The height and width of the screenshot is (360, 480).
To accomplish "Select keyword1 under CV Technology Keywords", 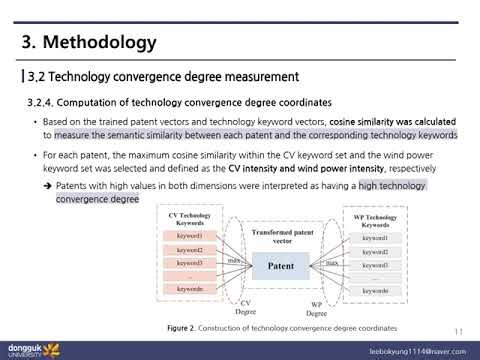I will (189, 235).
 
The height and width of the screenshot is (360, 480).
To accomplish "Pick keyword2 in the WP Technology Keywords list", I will (375, 252).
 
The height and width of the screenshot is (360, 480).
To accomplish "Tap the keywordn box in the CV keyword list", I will (189, 289).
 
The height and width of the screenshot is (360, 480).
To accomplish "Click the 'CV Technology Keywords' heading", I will (190, 219).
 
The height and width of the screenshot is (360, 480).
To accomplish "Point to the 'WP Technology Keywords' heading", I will (375, 221).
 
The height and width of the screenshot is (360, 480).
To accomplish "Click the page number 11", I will (458, 332).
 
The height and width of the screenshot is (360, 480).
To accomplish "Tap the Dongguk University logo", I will (30, 350).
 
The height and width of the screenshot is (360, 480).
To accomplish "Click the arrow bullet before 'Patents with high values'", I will (48, 186).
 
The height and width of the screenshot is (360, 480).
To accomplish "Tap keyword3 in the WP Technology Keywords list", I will (375, 266).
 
